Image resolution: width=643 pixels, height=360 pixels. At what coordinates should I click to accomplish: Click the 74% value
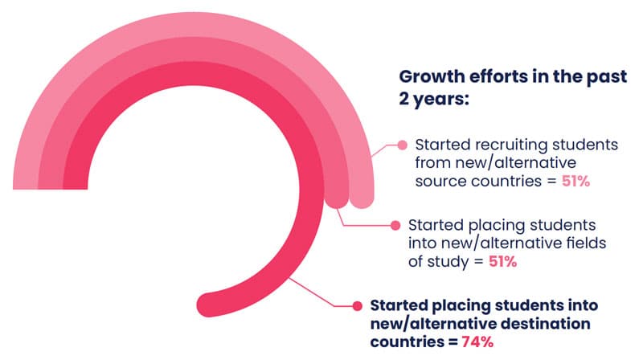pos(477,342)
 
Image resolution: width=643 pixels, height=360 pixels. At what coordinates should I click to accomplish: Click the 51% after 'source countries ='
pos(575,181)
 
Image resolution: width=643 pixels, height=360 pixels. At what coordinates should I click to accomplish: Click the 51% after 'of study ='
pos(503,261)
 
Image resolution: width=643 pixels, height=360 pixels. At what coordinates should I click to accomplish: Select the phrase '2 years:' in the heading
pos(434,99)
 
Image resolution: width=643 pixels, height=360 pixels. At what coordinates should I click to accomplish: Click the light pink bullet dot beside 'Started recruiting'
pos(403,145)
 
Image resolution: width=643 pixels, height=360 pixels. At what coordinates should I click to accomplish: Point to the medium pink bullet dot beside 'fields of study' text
pos(395,225)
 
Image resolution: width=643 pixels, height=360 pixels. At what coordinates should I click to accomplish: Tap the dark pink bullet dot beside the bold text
pos(357,305)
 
